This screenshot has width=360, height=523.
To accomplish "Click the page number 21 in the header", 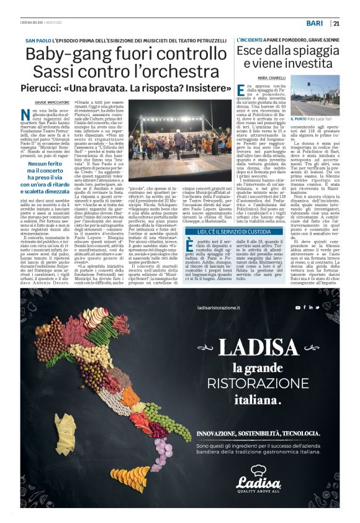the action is (x=336, y=24).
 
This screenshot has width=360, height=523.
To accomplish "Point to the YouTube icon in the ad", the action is (x=297, y=307).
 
